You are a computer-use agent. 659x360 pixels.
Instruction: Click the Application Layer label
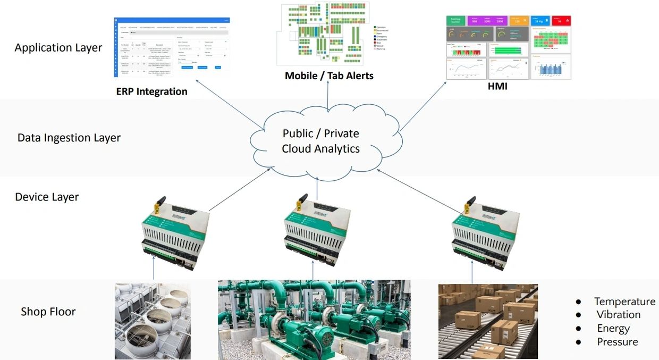click(58, 47)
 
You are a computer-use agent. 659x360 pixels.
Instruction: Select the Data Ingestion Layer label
click(69, 138)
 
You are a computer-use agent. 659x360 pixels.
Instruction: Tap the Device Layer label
click(47, 197)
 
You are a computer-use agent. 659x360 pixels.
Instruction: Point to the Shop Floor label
click(48, 311)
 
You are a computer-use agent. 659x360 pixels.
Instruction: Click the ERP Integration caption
click(151, 91)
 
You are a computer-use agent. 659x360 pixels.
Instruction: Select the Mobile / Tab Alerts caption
click(329, 76)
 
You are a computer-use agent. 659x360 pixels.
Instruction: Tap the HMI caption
click(497, 86)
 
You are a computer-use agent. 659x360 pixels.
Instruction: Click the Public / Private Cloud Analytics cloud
click(320, 141)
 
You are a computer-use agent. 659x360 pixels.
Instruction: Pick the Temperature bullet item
click(624, 302)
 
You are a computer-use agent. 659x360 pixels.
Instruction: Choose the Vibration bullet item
click(618, 315)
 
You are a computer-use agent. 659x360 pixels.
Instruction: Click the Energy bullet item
click(613, 329)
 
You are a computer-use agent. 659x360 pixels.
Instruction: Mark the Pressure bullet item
click(617, 342)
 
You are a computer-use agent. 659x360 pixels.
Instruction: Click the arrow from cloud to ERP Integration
click(229, 104)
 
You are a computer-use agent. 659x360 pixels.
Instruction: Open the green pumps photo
click(314, 320)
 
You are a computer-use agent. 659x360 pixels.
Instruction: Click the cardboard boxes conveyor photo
click(488, 321)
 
